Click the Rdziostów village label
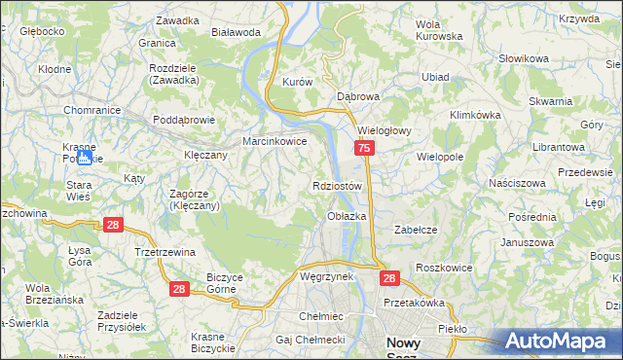tap(338, 186)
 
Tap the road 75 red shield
tap(363, 148)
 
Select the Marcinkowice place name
tap(275, 141)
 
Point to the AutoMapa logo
tap(562, 341)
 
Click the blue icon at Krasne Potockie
tap(85, 156)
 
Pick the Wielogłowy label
tap(386, 129)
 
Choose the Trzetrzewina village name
tap(165, 251)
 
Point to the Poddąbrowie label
tap(182, 121)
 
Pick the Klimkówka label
tap(474, 114)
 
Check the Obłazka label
tap(347, 216)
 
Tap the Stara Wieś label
tap(78, 189)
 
